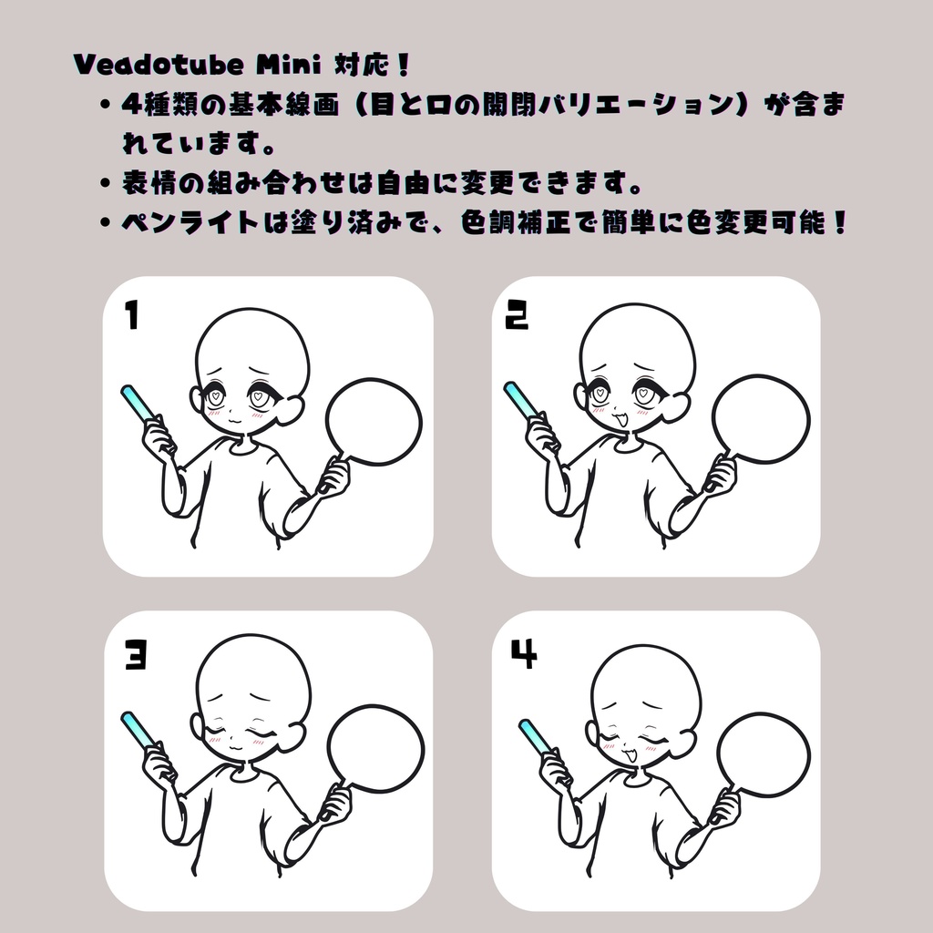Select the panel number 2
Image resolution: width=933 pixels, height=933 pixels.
[517, 315]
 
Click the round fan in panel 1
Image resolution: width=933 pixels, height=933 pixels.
[374, 423]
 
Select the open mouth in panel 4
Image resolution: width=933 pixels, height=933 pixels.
[629, 754]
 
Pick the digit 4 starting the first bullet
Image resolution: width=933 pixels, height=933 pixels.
[129, 104]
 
